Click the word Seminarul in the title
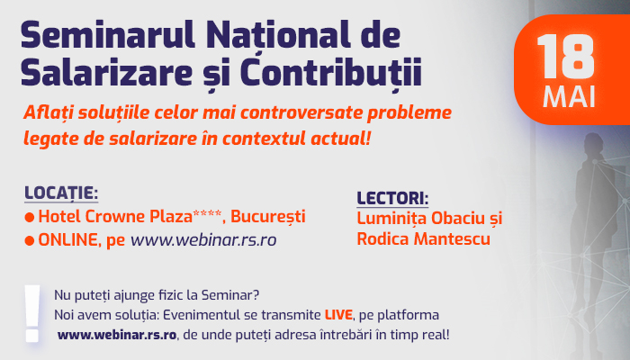(x=108, y=36)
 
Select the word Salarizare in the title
(x=106, y=72)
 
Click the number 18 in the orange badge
(x=566, y=56)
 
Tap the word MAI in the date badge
(x=569, y=97)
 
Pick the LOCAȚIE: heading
(x=61, y=193)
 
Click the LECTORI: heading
(x=392, y=199)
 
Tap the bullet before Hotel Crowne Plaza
(x=30, y=218)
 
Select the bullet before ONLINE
(x=30, y=240)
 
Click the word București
(x=268, y=217)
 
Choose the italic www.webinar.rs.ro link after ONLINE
(x=203, y=240)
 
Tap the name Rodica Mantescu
(x=424, y=239)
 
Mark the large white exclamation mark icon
(x=32, y=313)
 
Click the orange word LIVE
(x=338, y=315)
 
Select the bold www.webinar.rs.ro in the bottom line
(x=117, y=335)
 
